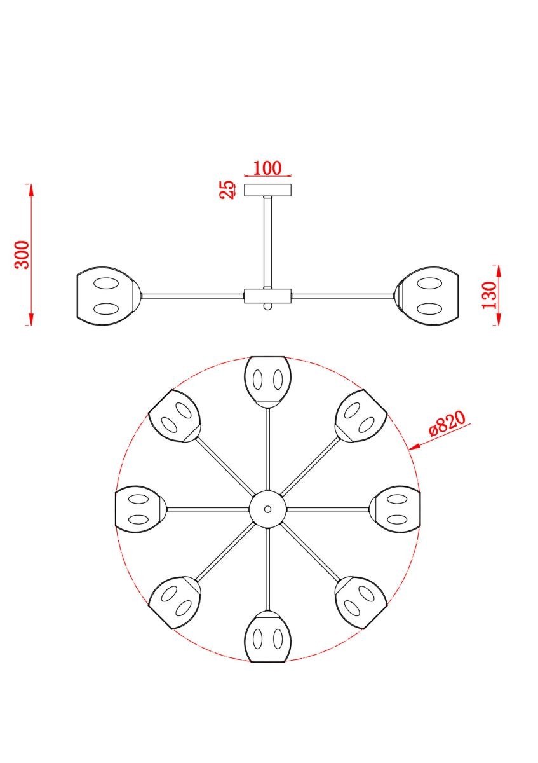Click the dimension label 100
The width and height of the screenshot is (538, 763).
tap(267, 168)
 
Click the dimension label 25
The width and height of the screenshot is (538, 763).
tap(227, 189)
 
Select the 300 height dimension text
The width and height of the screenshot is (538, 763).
tap(22, 255)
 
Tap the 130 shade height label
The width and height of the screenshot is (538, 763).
tap(490, 295)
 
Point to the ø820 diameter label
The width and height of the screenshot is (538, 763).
tap(447, 423)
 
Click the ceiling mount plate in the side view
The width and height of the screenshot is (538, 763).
tap(268, 190)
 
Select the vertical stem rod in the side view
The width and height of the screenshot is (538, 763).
tap(268, 242)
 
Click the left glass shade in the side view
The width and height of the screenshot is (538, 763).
tap(107, 296)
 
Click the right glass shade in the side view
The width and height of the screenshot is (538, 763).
tap(427, 296)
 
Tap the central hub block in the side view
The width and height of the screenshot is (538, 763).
tap(268, 296)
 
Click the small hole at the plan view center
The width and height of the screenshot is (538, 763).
tap(268, 509)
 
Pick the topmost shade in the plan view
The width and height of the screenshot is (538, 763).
tap(267, 382)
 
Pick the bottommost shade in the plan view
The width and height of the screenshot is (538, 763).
tap(267, 636)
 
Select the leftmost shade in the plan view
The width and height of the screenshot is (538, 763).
tap(140, 509)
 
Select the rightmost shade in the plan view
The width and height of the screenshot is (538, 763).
tap(394, 509)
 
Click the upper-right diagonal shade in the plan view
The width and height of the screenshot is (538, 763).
tap(360, 416)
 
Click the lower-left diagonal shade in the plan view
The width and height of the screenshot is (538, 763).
tap(175, 602)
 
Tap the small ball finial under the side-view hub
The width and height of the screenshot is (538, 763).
tap(268, 306)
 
